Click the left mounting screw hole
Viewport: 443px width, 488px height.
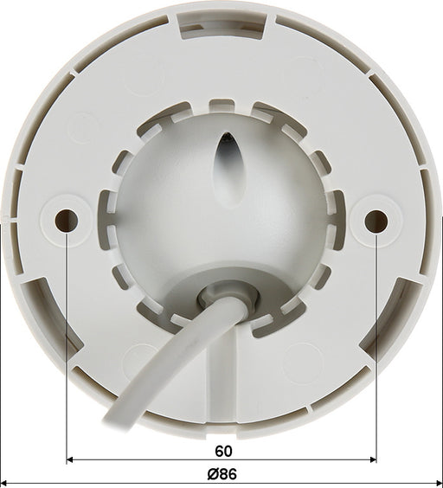66,220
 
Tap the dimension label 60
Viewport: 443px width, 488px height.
223,452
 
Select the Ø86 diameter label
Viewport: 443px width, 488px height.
221,474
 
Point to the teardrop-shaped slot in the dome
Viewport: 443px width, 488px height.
230,170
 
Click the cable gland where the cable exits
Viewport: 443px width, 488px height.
228,299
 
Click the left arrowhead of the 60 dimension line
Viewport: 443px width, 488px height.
70,459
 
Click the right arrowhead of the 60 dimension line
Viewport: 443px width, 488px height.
373,459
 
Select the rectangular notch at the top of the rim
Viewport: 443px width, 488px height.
222,25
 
